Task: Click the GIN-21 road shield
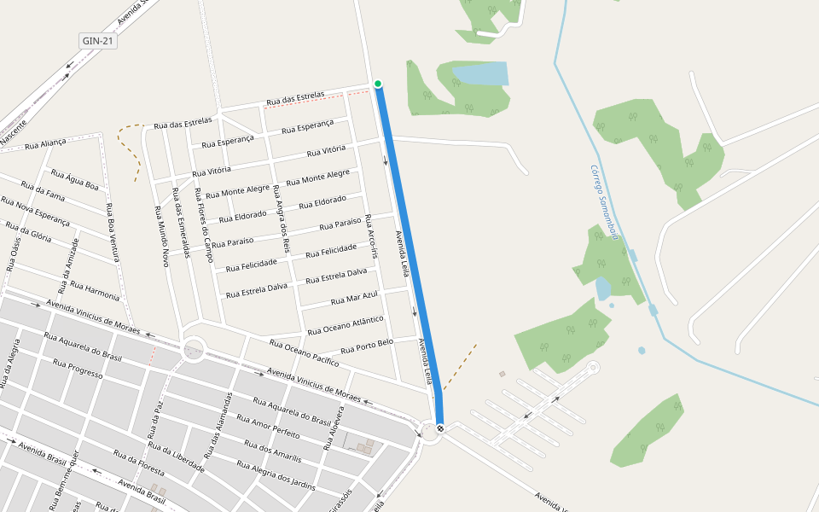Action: point(98,41)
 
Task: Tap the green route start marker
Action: point(378,84)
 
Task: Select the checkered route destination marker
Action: point(440,428)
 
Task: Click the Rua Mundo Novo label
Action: point(162,236)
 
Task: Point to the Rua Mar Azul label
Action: point(354,299)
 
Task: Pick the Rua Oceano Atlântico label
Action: point(346,324)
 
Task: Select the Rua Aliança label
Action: point(45,144)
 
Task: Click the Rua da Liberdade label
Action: point(176,457)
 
